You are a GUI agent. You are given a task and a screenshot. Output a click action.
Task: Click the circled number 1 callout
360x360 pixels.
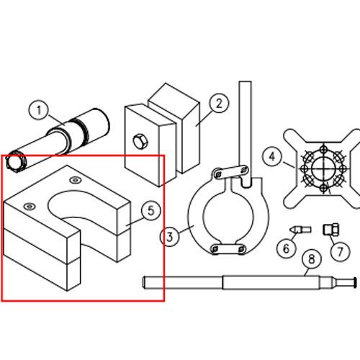38,110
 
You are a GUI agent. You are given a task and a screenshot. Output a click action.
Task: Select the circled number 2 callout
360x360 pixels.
219,103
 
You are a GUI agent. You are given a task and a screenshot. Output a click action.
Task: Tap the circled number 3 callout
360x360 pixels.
170,237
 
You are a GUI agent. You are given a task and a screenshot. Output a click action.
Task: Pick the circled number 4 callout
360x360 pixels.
272,156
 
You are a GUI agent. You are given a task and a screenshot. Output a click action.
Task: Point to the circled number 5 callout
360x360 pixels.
151,211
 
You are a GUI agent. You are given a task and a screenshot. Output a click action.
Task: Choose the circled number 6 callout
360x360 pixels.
286,248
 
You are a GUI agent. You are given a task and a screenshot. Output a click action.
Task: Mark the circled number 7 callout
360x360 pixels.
340,251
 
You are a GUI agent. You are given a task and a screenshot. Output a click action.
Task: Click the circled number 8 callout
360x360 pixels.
312,259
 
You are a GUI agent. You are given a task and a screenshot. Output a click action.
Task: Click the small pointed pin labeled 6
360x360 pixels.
300,230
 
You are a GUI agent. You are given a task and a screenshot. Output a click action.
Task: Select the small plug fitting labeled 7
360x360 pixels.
331,229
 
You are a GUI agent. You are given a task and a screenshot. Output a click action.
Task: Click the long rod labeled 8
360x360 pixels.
249,282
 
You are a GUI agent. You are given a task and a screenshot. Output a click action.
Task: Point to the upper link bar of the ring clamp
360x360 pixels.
230,172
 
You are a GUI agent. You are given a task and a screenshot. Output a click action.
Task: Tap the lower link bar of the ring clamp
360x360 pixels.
228,248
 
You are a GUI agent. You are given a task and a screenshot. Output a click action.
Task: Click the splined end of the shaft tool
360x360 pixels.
16,162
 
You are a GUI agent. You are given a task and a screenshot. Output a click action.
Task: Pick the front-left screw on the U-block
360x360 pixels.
30,206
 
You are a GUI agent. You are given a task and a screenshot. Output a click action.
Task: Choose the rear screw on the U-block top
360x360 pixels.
76,180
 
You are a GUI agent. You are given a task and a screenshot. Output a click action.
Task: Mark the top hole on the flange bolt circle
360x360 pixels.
324,148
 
